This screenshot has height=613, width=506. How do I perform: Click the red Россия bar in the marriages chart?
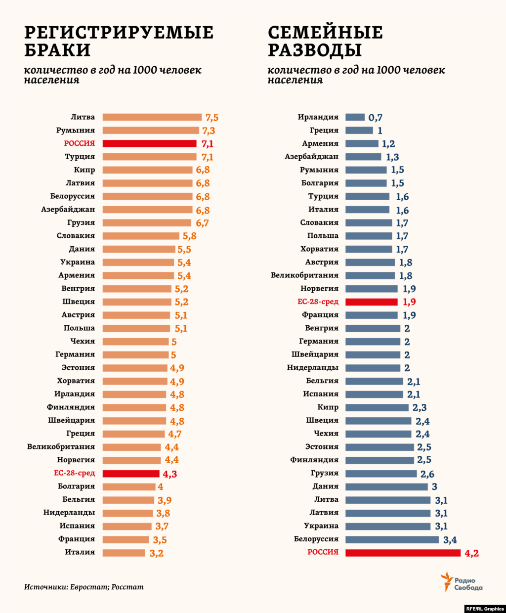pos(149,143)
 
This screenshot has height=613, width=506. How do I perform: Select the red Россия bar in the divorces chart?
pos(403,552)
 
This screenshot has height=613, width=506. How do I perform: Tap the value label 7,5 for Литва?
pos(212,118)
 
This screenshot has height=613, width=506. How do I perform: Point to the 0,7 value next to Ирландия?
pos(375,118)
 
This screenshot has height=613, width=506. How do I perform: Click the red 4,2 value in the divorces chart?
pos(471,553)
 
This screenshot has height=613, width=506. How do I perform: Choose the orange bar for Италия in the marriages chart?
pos(124,552)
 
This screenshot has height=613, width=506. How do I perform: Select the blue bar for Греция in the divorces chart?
pos(359,131)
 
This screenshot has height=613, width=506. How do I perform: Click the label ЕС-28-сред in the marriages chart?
pos(74,473)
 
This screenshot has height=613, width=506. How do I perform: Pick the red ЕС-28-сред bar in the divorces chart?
pos(371,302)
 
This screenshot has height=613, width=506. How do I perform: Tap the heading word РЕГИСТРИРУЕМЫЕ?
pos(119,33)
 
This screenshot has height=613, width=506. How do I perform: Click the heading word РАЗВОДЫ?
pos(315,50)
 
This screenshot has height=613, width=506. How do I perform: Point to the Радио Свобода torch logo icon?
pos(447,581)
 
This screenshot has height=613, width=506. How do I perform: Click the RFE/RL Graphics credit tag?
pos(485,609)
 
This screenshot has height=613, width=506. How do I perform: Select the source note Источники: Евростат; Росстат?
pos(84,587)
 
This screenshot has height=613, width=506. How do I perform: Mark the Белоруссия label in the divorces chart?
pos(316,539)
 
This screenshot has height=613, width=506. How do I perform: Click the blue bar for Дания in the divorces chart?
pos(386,486)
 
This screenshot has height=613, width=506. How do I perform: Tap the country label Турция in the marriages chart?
pos(80,157)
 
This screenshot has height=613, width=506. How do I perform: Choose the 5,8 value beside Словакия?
pos(189,236)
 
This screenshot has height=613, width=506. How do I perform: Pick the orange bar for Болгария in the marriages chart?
pos(129,486)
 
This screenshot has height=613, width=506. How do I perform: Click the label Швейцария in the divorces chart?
pos(315,354)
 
